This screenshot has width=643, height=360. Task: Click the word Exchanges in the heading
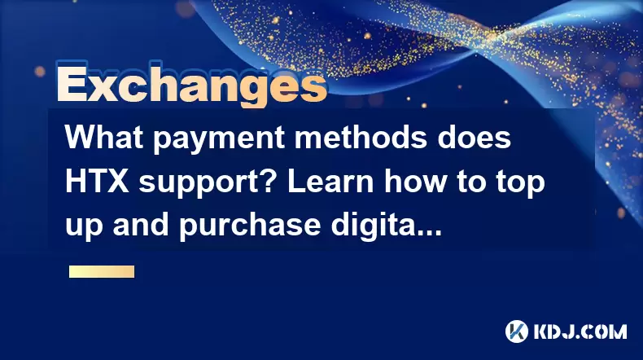pos(191,85)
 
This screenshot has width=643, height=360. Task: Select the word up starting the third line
pos(84,228)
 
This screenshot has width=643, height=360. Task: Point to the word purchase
pos(249,227)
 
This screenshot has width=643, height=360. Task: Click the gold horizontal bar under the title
pos(102,272)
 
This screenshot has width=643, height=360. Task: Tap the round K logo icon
pos(517,331)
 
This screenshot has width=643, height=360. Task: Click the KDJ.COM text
pos(580,331)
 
